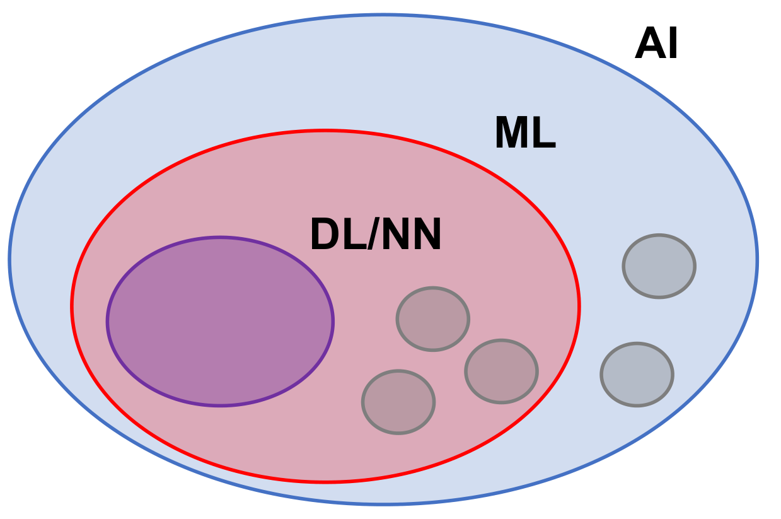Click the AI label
pos(656,45)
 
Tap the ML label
pos(524,134)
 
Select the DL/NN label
pos(376,235)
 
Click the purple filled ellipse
pos(220,322)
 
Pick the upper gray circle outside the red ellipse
pos(659,266)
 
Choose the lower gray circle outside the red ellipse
pos(637,375)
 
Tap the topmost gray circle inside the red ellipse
pos(432,319)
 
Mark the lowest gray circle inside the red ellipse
pos(398,402)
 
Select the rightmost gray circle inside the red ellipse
pos(501,371)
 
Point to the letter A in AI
pos(649,45)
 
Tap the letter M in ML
pos(511,134)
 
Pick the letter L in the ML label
pos(545,134)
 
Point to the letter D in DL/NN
pos(325,235)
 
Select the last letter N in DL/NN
pos(425,235)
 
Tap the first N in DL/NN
pos(395,235)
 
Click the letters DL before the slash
pos(338,235)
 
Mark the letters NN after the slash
pos(410,235)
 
